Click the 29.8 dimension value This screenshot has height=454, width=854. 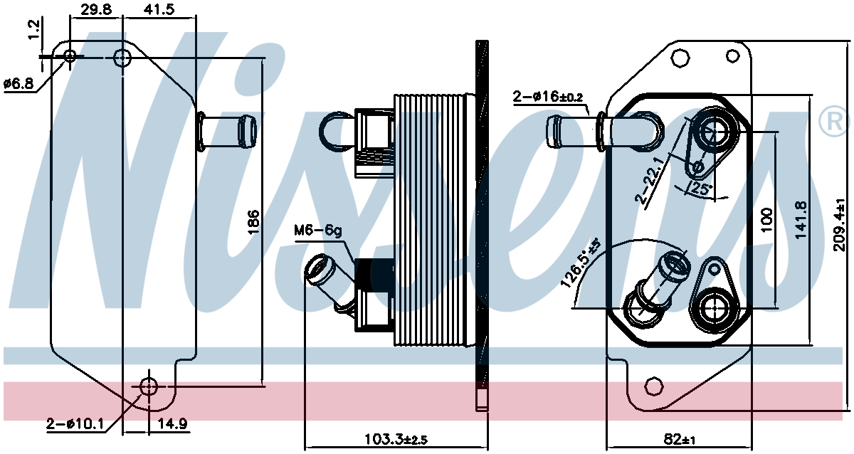(96, 9)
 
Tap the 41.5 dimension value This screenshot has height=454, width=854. (159, 9)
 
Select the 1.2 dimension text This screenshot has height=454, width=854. (34, 29)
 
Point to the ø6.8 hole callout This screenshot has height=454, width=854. (19, 83)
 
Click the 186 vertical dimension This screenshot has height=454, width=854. (253, 222)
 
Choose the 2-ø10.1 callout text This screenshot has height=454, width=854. (75, 423)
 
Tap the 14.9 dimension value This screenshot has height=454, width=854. (173, 423)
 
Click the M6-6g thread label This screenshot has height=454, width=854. (317, 231)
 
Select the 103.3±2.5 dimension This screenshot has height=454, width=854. (396, 439)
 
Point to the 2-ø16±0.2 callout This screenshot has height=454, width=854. (548, 97)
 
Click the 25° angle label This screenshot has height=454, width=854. (702, 189)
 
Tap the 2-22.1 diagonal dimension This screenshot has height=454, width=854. (650, 180)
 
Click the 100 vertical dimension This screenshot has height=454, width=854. (766, 220)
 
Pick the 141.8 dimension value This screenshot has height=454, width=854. (801, 220)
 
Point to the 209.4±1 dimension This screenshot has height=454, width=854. (839, 225)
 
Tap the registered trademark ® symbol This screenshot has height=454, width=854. (834, 122)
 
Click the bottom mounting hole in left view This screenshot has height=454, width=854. (148, 386)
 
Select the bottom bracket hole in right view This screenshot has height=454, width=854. (653, 386)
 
